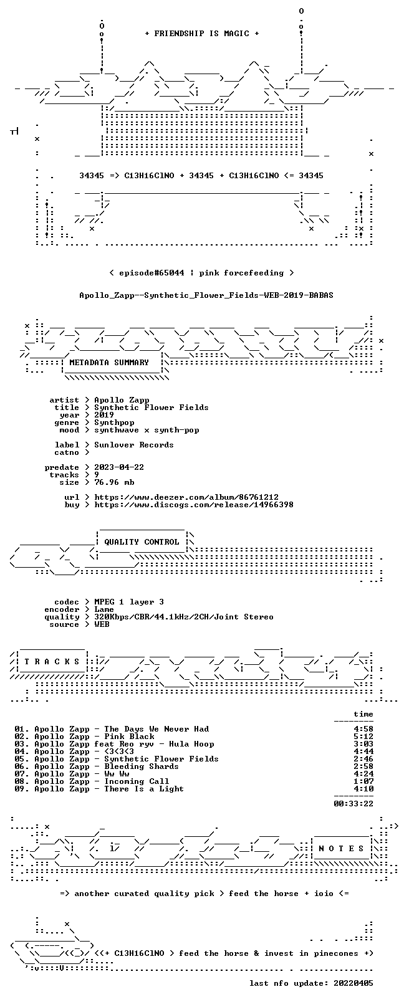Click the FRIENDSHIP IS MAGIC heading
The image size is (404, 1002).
point(202,34)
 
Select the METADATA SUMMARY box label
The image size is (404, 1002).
point(109,363)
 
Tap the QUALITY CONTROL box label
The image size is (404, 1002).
point(142,542)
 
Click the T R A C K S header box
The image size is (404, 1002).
point(52,662)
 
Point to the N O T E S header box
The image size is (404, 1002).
point(342,849)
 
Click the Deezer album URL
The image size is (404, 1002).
point(186,497)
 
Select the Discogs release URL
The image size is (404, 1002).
point(194,505)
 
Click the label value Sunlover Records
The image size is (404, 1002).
point(134,445)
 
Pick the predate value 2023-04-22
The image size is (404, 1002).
point(119,467)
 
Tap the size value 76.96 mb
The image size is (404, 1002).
point(114,482)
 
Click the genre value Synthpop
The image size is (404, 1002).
point(114,422)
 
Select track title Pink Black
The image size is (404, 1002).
point(129,737)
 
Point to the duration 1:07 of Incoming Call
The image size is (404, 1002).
point(363,781)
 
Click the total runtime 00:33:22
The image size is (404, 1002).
point(353,804)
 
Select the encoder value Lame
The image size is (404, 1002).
point(103,609)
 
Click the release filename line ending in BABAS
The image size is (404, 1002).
point(206,295)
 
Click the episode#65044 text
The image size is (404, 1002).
point(151,273)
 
